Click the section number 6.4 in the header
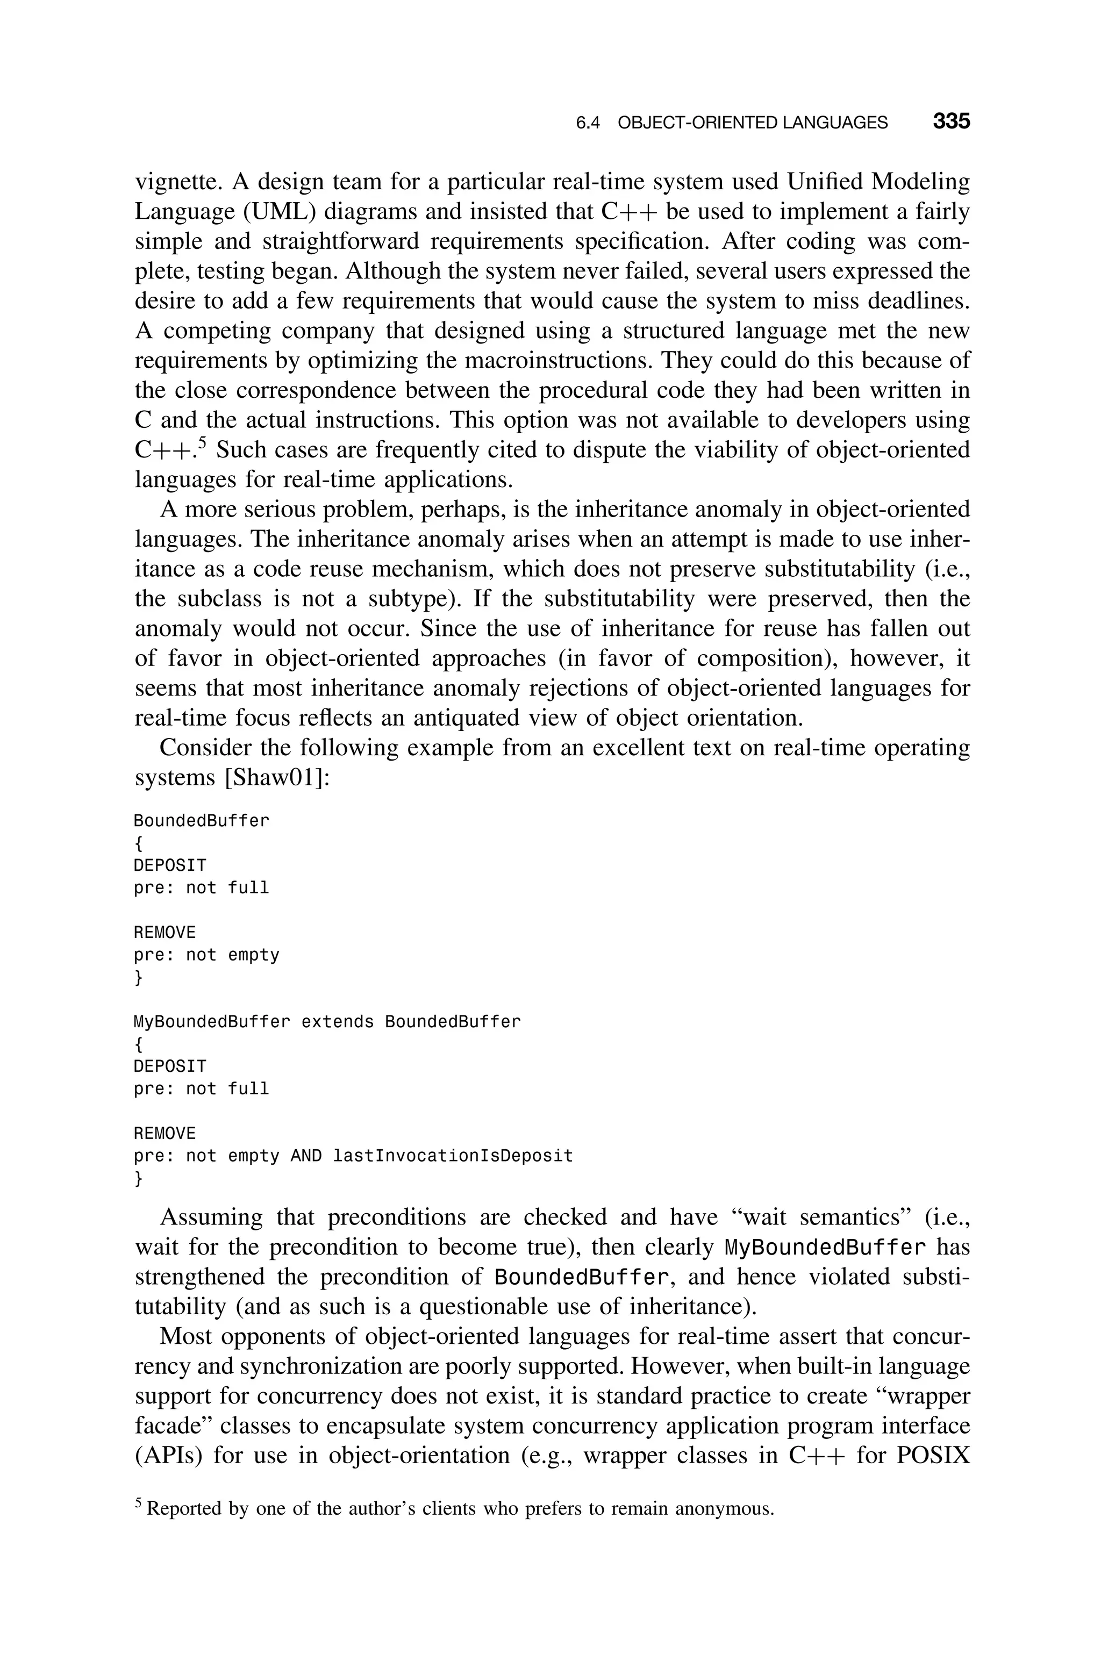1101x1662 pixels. pos(588,124)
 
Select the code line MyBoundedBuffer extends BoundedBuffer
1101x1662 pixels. pos(327,1022)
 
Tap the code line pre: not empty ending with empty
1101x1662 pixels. pos(206,955)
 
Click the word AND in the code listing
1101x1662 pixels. pos(306,1156)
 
